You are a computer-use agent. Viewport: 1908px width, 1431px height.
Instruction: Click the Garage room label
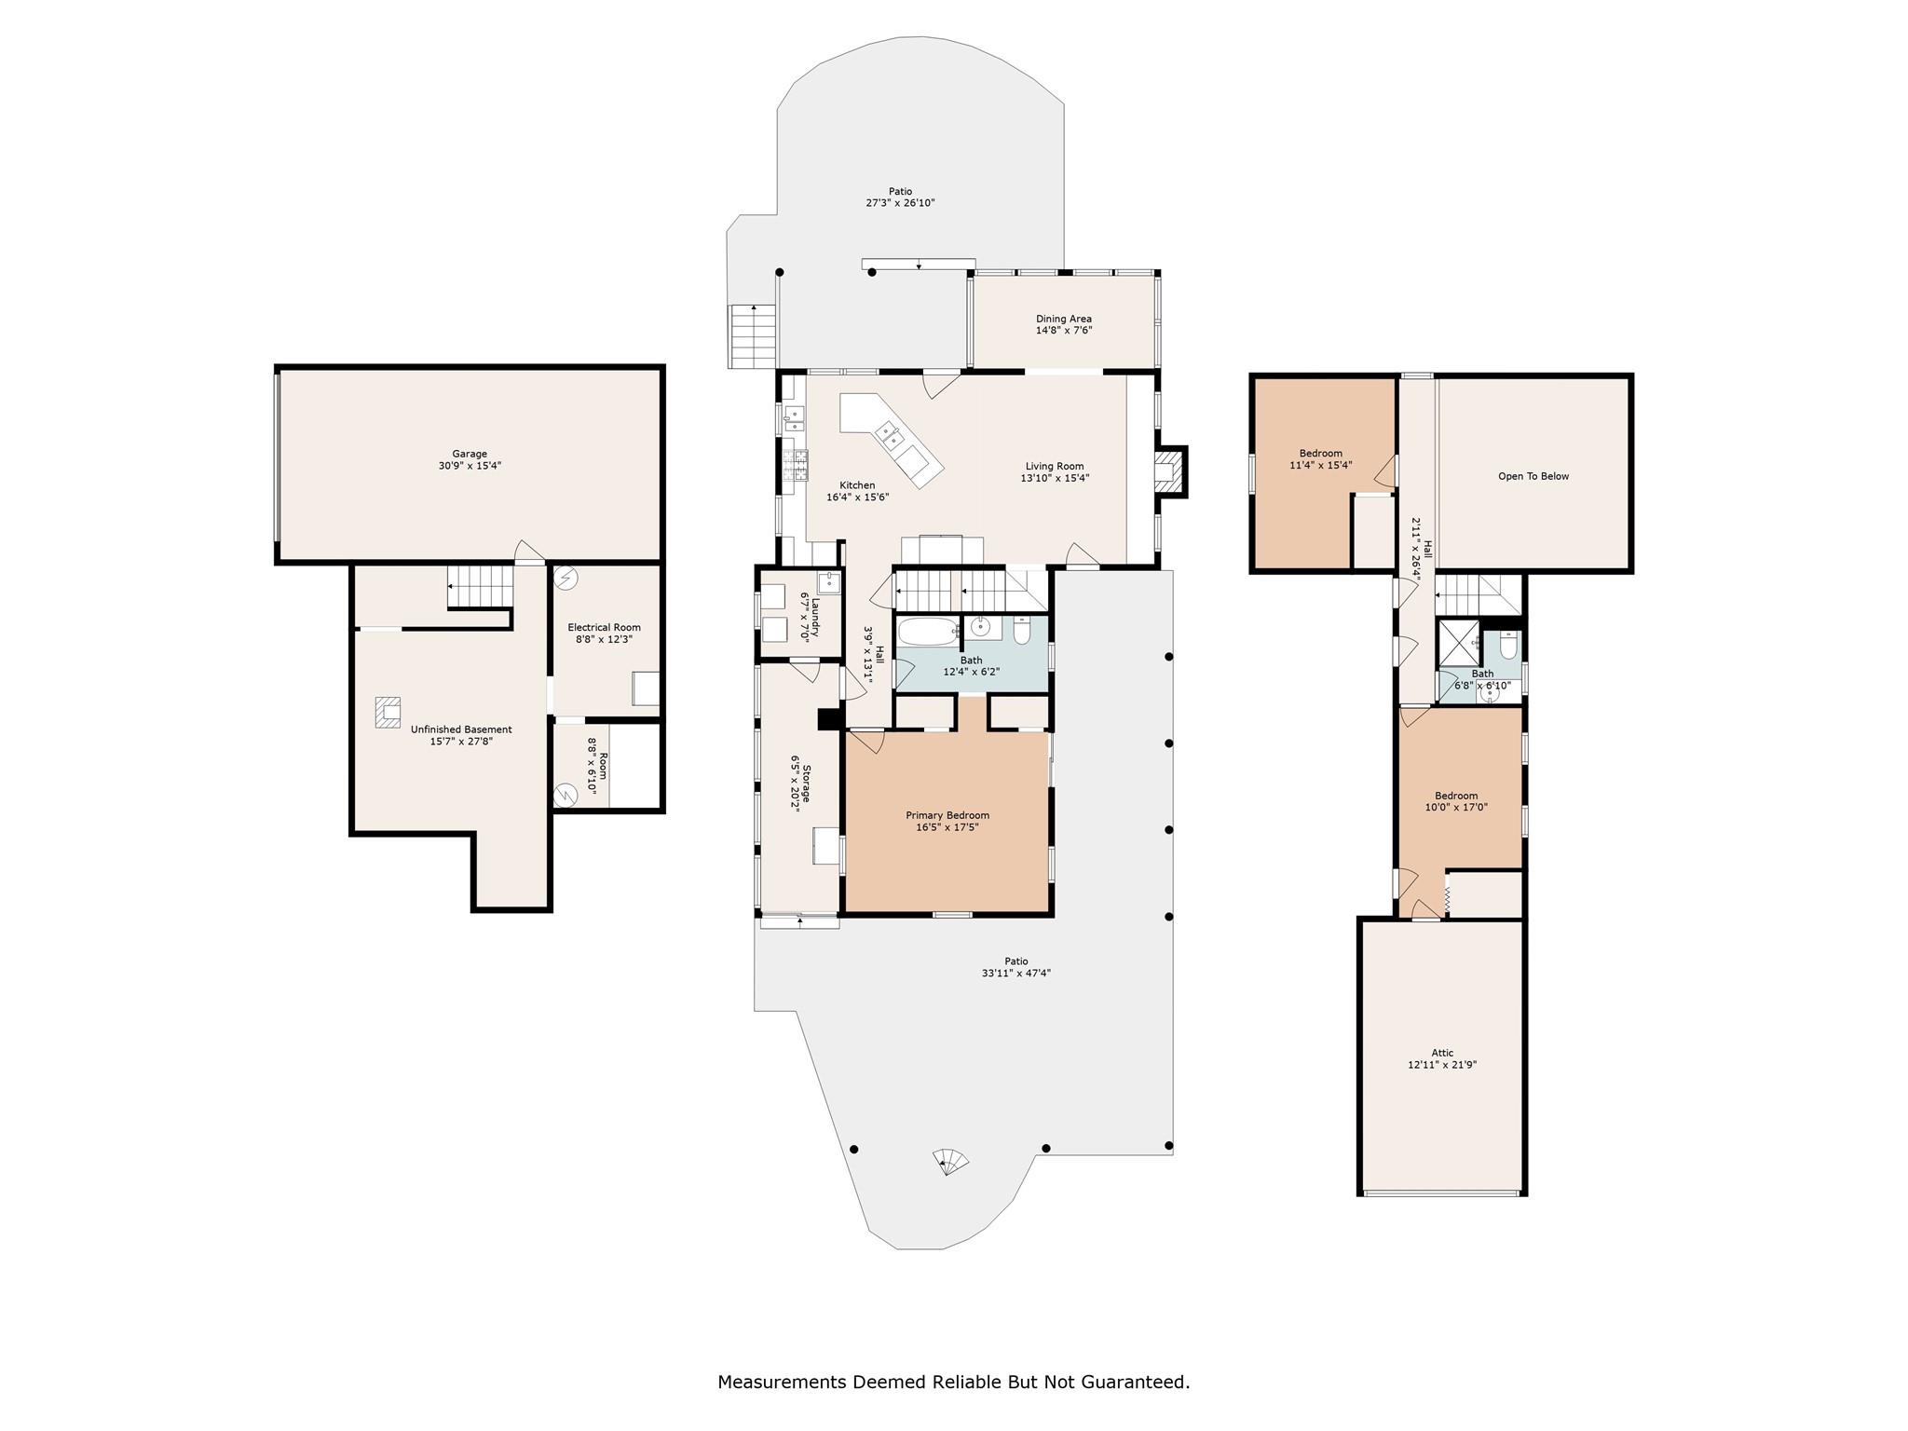click(470, 454)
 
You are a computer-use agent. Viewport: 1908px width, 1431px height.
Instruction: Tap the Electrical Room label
click(604, 627)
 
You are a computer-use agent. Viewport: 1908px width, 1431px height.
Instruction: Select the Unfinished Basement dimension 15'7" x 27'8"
click(460, 742)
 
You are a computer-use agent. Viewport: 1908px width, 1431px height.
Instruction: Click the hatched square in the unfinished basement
click(388, 712)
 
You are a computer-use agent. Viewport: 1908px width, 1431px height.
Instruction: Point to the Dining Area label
click(1063, 319)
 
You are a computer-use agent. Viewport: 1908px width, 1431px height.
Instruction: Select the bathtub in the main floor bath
click(927, 631)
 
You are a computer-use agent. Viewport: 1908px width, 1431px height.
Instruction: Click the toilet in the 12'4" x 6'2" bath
click(1021, 632)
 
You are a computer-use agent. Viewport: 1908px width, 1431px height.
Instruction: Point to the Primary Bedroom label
click(947, 815)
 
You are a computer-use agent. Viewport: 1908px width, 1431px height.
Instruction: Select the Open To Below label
click(1533, 476)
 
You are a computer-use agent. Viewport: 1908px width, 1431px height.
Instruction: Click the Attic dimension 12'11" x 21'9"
click(1441, 1064)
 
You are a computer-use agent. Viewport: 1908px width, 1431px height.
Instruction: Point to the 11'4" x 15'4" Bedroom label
click(1320, 454)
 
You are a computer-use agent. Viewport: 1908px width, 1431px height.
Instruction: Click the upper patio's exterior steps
click(751, 336)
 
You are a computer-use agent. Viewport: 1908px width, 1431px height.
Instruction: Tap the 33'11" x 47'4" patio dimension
click(1015, 973)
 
